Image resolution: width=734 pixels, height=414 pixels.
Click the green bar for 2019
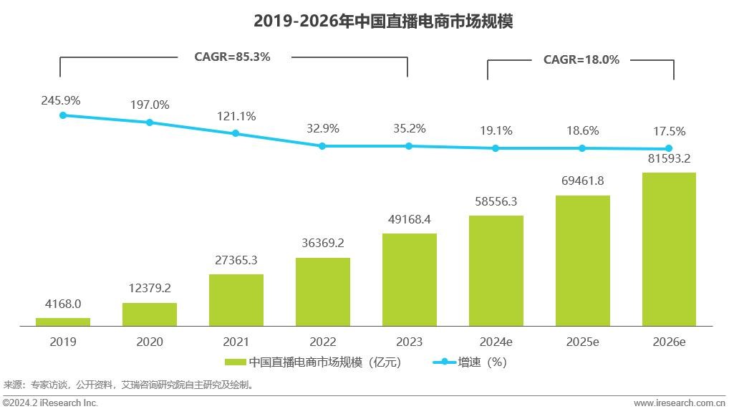click(x=63, y=322)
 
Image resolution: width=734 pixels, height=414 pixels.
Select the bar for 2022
click(x=323, y=292)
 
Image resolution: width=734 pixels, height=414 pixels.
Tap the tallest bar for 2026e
click(x=669, y=249)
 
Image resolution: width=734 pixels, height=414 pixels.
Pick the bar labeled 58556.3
click(x=496, y=271)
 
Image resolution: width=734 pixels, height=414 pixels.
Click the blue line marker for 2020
click(x=150, y=122)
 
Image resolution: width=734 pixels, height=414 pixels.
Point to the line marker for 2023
click(x=409, y=146)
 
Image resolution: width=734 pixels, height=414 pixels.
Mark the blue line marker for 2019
click(x=63, y=115)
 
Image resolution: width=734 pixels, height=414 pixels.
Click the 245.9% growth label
click(x=61, y=100)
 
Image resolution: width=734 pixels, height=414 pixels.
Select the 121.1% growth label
click(x=236, y=116)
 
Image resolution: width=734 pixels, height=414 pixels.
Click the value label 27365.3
click(x=236, y=260)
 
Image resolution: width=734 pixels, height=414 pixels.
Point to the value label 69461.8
click(x=582, y=180)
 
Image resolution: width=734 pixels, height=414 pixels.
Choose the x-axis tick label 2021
click(x=236, y=342)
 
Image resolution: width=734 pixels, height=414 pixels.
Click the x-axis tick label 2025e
click(x=582, y=342)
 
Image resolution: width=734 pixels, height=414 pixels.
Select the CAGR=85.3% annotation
click(x=233, y=57)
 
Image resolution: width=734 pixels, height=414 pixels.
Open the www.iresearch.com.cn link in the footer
click(x=682, y=403)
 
